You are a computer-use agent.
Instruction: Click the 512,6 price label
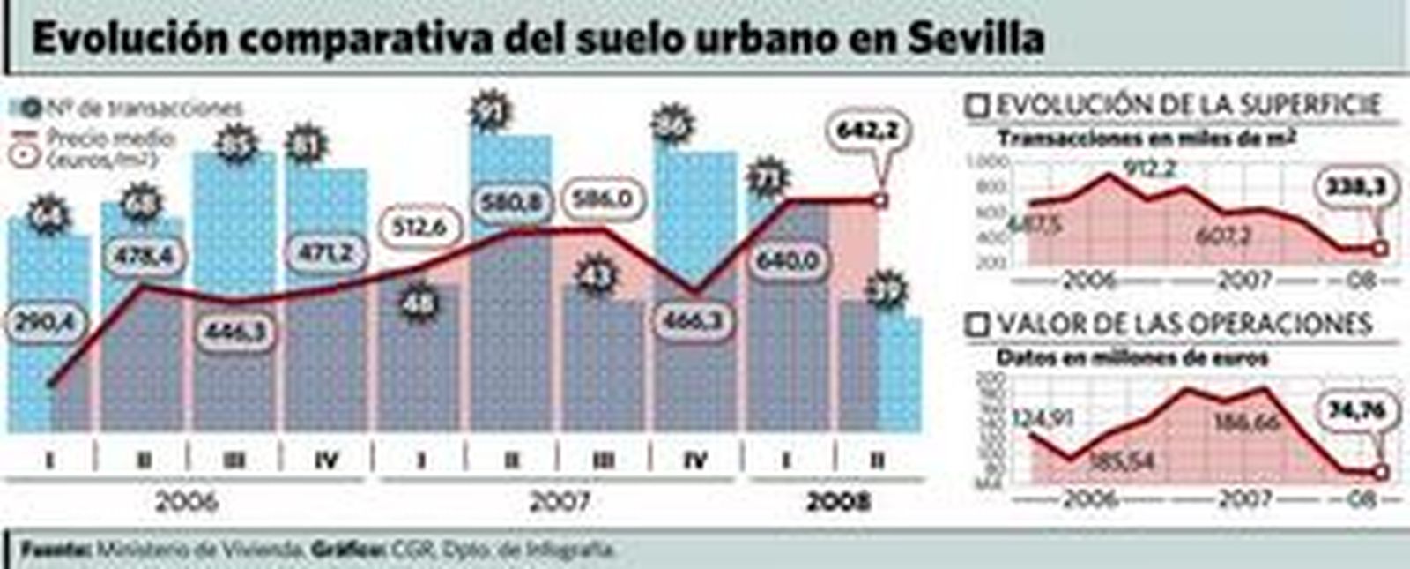click(419, 228)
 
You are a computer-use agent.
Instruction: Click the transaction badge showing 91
click(490, 112)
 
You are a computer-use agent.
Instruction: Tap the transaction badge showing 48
click(419, 304)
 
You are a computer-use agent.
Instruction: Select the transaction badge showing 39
click(887, 291)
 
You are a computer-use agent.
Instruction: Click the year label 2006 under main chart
click(187, 502)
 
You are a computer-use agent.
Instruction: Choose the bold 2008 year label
click(838, 502)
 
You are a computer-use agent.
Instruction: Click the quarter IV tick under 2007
click(695, 460)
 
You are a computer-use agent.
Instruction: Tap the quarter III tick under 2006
click(234, 460)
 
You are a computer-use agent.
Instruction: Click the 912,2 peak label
click(1150, 168)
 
